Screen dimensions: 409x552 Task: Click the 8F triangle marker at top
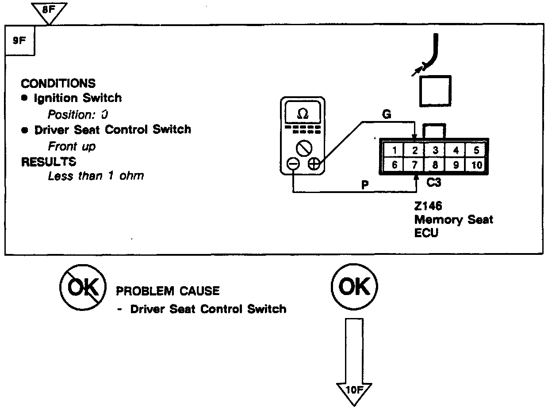tap(50, 10)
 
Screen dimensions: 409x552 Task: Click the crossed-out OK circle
tap(83, 287)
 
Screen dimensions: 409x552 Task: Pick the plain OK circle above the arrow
tap(354, 287)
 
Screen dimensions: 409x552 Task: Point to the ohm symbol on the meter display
tap(303, 114)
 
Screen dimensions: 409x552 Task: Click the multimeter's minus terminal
tap(293, 164)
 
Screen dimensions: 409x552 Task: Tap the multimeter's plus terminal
tap(314, 164)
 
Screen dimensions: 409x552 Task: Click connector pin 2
tap(414, 150)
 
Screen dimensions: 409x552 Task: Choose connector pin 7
tap(414, 165)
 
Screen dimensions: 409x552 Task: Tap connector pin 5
tap(476, 150)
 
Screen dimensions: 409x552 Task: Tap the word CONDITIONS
tap(57, 83)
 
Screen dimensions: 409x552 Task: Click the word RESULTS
tap(49, 162)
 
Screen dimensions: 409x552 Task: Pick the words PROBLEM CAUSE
tap(168, 291)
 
